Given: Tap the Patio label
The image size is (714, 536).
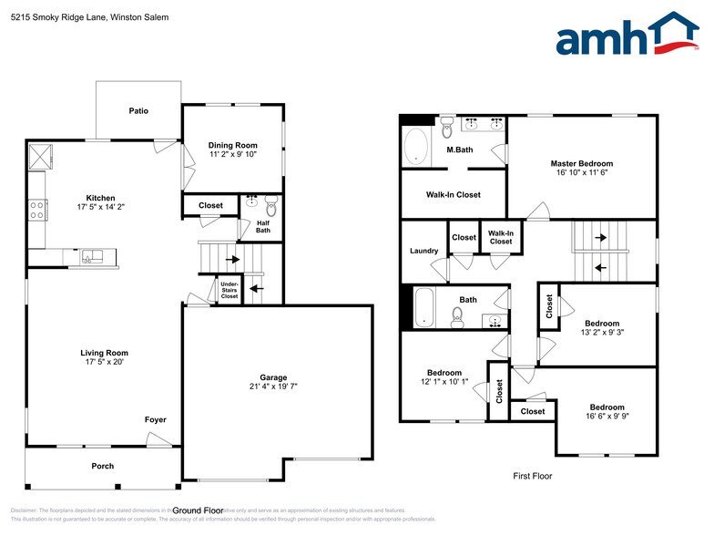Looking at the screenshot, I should tap(138, 111).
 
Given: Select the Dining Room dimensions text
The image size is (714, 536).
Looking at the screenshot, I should tap(233, 155).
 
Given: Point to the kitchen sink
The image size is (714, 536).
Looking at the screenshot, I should tap(94, 256).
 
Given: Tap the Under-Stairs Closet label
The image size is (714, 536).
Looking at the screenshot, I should tap(229, 291).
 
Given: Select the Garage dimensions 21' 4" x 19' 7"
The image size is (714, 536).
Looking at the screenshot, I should tap(273, 387).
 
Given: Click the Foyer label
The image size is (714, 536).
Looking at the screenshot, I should tap(156, 419).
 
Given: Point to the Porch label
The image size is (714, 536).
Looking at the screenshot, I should tap(103, 466).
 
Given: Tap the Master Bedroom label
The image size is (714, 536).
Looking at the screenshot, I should tap(582, 163).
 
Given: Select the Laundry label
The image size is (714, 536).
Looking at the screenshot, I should tap(424, 251).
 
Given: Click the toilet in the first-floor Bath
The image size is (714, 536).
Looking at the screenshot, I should tap(458, 316).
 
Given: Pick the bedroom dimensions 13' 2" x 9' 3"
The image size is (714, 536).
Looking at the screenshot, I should tap(602, 334).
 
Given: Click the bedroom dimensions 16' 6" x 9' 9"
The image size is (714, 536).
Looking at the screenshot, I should tap(607, 417).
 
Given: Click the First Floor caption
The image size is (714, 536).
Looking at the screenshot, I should tap(533, 476).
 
